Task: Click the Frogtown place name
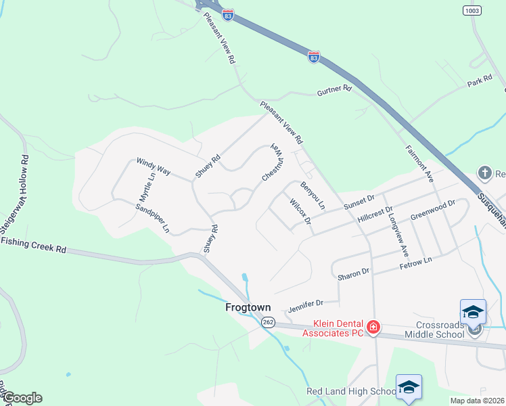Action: [248, 307]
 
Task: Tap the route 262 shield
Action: [269, 323]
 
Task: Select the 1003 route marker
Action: [473, 11]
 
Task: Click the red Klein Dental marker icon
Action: [373, 328]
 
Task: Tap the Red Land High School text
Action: [350, 391]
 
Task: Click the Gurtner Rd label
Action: [335, 89]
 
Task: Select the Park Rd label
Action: [479, 81]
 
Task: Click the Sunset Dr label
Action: [359, 201]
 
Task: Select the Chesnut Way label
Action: [271, 162]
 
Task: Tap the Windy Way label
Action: [153, 166]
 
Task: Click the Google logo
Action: [22, 398]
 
